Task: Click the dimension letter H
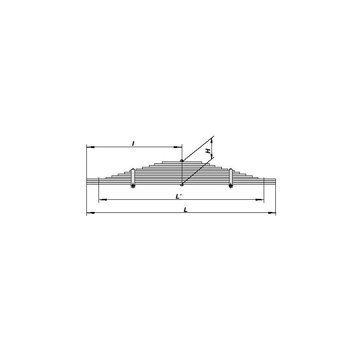[208, 151]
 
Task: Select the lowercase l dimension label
[133, 144]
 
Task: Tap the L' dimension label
[179, 196]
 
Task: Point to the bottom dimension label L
[186, 210]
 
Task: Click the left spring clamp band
[133, 177]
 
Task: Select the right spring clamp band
[231, 177]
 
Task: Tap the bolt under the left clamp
[133, 186]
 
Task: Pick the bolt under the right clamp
[231, 186]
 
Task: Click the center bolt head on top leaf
[182, 161]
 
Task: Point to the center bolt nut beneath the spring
[182, 184]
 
